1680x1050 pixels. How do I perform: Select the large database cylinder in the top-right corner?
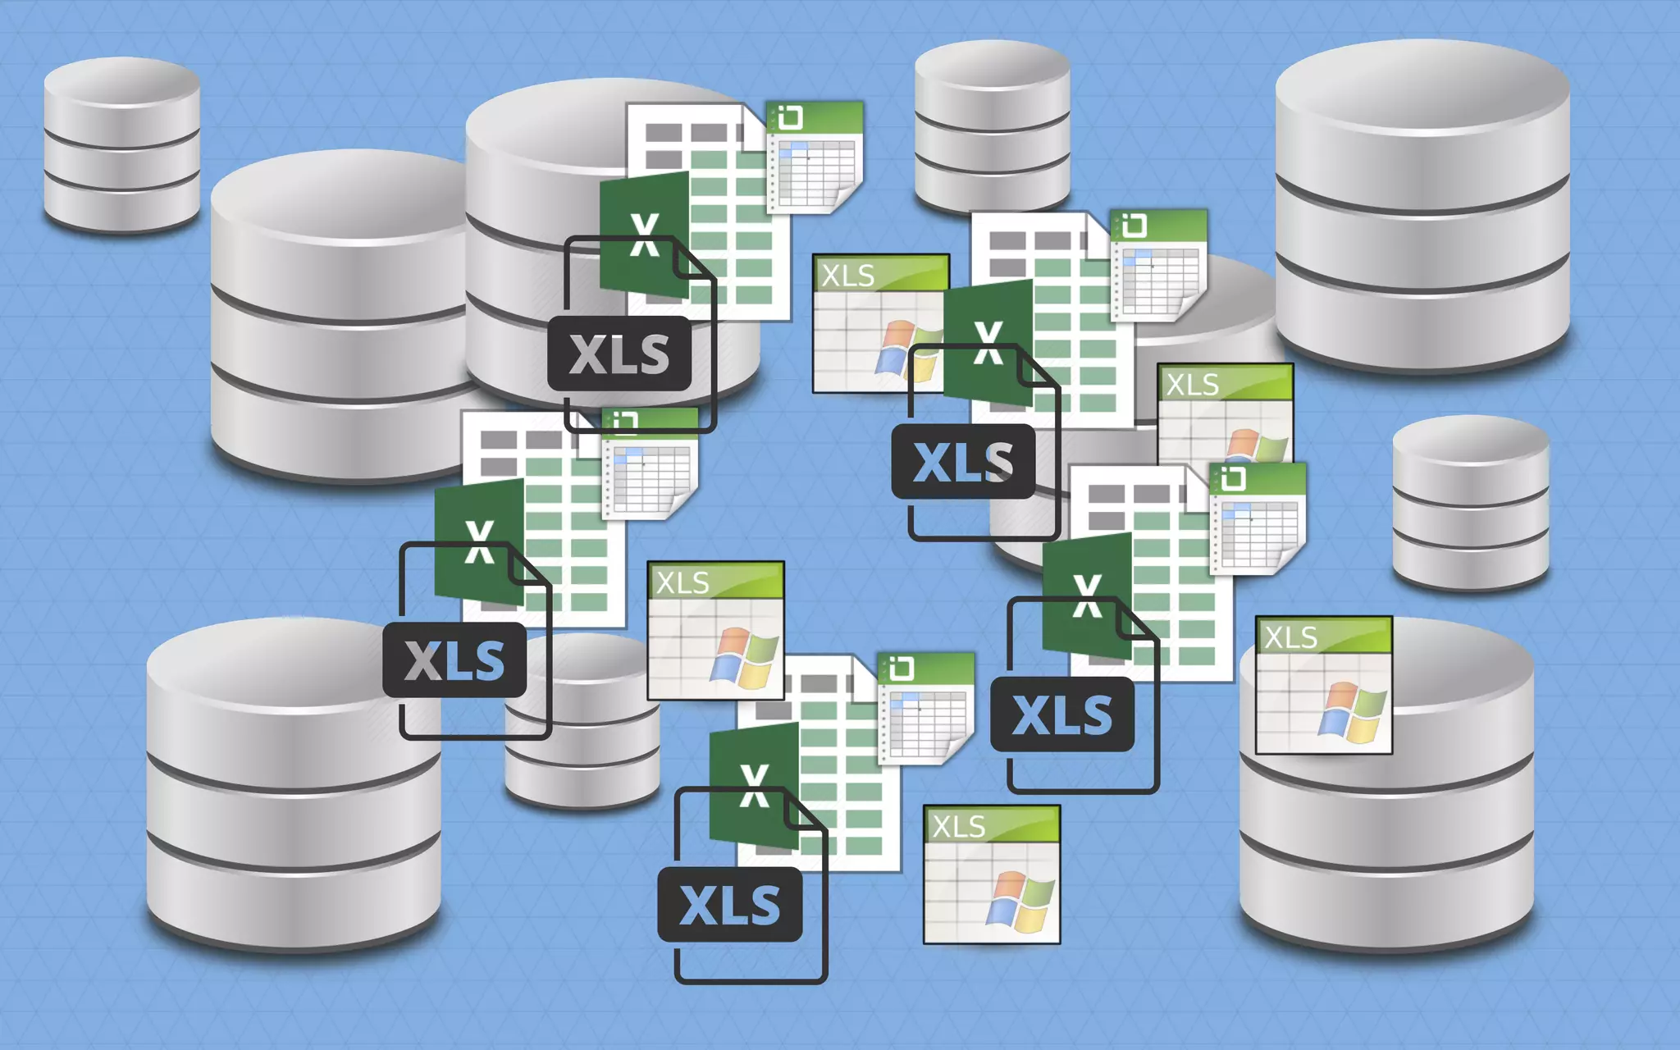(1422, 205)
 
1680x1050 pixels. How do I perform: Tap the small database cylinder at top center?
(992, 127)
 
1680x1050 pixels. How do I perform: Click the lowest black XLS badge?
(729, 904)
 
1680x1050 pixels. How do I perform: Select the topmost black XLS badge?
(619, 354)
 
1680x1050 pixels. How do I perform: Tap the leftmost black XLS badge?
(454, 660)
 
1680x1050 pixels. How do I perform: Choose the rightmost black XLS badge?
(1062, 714)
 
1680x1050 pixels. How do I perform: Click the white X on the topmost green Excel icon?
(645, 235)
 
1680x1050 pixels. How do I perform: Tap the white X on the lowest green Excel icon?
(754, 785)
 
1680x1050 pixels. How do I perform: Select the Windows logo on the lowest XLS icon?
(1020, 901)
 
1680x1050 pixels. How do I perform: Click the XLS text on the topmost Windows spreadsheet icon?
(847, 276)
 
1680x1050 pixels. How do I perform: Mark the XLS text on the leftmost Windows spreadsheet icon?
(682, 582)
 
